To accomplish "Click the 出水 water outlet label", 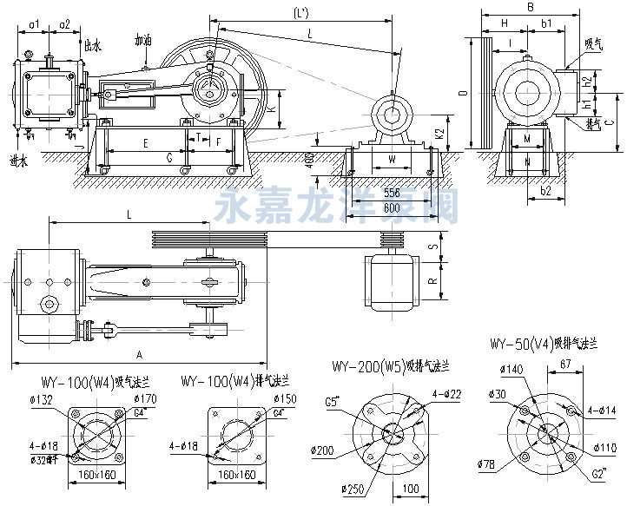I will click(x=91, y=43).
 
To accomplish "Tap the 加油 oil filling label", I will click(x=143, y=40).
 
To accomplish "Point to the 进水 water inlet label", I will click(x=18, y=160).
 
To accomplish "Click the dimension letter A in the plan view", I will click(x=138, y=354).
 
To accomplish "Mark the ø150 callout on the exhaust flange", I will click(x=284, y=399).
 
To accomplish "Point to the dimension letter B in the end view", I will click(x=529, y=8).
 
